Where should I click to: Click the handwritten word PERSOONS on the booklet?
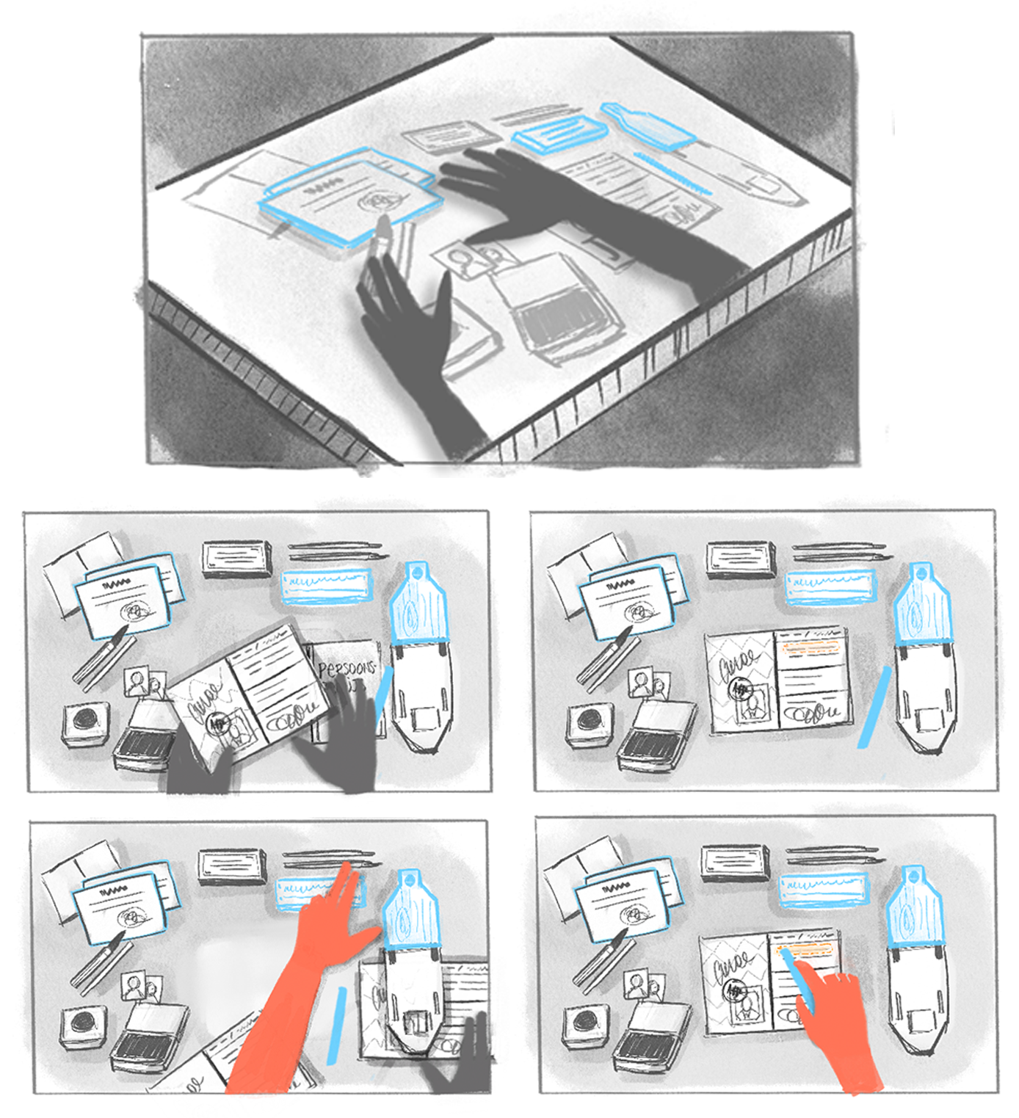(x=346, y=668)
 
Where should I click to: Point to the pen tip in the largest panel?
(x=382, y=223)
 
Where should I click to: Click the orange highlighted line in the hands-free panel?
(x=811, y=648)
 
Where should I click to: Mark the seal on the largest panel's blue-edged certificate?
(x=380, y=199)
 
